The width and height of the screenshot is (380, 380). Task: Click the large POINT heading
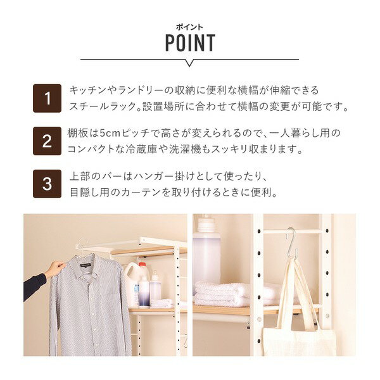click(190, 43)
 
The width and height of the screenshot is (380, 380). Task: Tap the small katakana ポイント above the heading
click(189, 27)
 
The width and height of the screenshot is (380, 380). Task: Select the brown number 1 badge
click(47, 98)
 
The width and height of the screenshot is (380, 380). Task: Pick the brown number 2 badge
click(47, 141)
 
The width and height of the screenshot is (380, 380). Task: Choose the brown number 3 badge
click(47, 184)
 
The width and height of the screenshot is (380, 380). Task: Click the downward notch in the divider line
click(190, 63)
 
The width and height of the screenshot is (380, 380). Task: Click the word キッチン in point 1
click(88, 91)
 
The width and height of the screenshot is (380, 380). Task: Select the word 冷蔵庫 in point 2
click(141, 149)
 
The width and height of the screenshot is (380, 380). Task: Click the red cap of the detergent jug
click(142, 264)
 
